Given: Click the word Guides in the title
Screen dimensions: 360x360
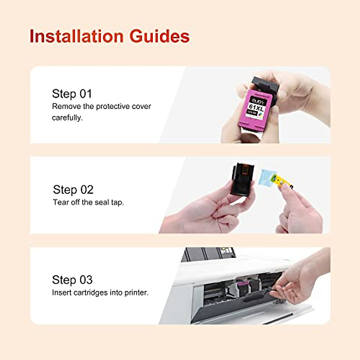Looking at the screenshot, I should (159, 36).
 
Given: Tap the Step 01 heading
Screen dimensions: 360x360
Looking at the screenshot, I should (72, 94).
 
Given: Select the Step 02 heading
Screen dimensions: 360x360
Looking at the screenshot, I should (73, 190).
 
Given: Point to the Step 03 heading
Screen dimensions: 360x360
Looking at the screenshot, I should (72, 280).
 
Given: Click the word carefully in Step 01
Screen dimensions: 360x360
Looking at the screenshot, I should (67, 118).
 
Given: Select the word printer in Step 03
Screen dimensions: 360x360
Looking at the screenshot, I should (136, 292).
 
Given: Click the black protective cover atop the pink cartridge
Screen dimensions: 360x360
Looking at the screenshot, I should (266, 84).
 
